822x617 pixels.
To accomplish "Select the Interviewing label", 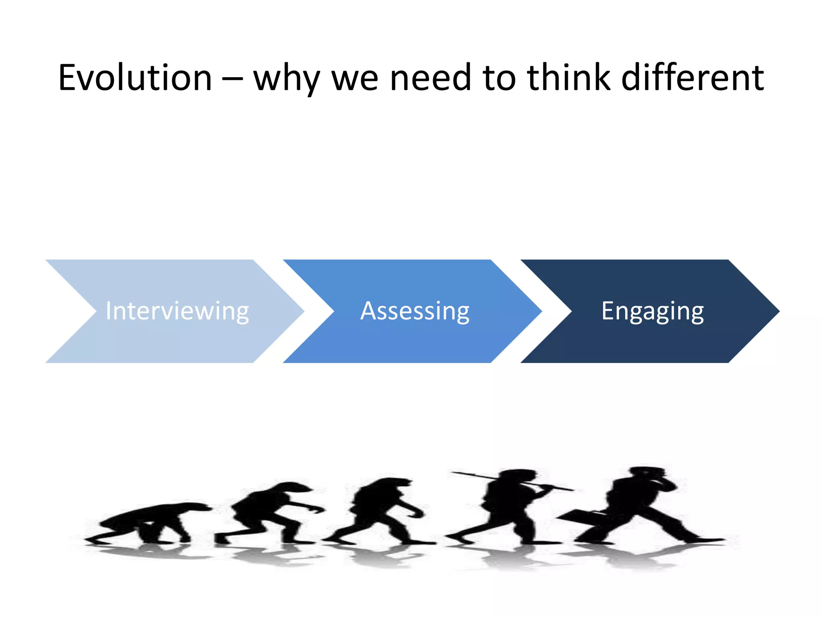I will [x=177, y=311].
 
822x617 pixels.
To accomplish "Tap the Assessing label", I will [x=415, y=311].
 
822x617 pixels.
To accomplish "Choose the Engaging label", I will [x=652, y=311].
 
